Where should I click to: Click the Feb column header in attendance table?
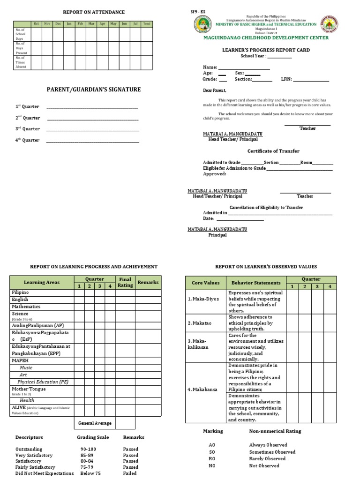pos(80,23)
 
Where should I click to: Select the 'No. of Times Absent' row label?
pos(22,62)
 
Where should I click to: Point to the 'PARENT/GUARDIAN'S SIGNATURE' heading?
pos(93,90)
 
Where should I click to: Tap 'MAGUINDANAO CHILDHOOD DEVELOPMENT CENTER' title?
pos(265,38)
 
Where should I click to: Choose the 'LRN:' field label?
pos(286,79)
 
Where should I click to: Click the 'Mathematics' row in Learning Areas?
pos(26,307)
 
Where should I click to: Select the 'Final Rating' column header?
pos(125,282)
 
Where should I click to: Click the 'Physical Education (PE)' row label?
pos(43,382)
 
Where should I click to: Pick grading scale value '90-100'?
pos(88,449)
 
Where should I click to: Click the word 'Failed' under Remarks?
pos(130,473)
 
